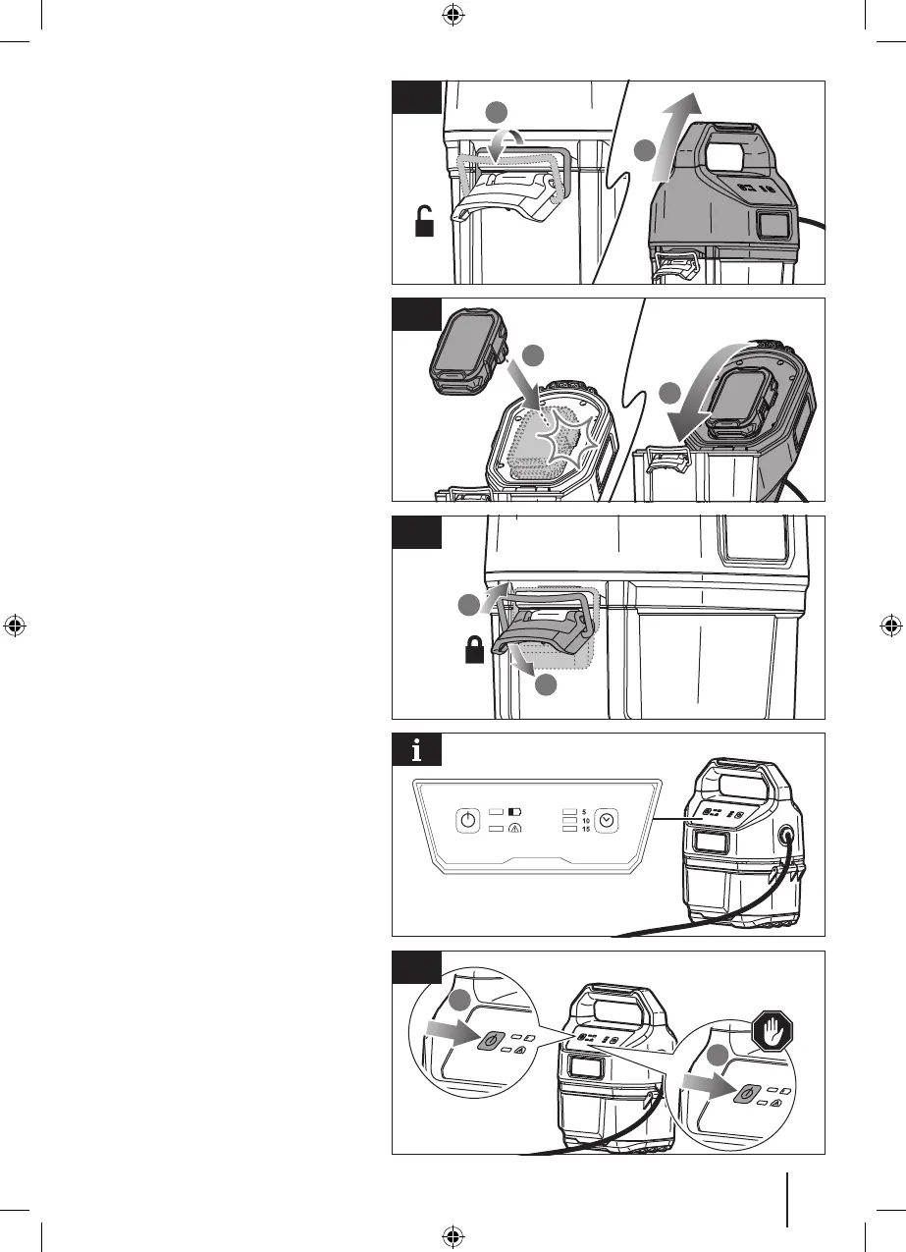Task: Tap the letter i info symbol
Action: click(x=417, y=752)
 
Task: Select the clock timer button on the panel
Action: click(x=607, y=820)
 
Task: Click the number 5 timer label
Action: click(x=585, y=812)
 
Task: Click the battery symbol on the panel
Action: click(x=516, y=812)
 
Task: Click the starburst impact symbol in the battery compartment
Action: click(x=562, y=438)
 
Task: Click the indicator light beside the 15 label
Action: click(x=568, y=830)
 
